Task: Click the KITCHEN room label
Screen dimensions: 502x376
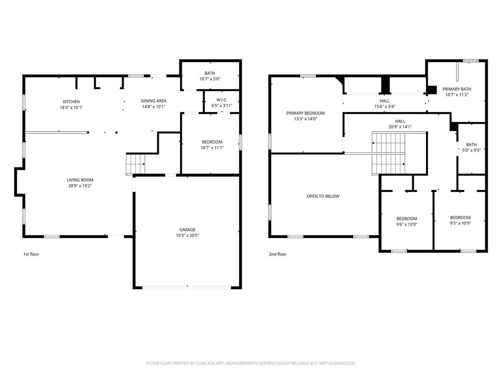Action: click(x=71, y=102)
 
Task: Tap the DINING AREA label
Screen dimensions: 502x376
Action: click(x=153, y=101)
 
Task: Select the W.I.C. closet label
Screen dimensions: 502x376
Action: click(x=222, y=100)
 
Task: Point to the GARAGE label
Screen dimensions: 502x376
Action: click(x=187, y=230)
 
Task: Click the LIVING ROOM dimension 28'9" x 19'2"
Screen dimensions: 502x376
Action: click(x=80, y=186)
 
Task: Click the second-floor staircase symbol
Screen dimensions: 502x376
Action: click(x=388, y=153)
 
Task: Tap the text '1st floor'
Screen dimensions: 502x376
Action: click(x=31, y=254)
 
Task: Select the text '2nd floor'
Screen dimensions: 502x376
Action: click(x=277, y=254)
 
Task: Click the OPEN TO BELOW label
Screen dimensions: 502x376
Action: click(x=323, y=196)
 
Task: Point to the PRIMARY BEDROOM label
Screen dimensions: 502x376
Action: click(x=305, y=113)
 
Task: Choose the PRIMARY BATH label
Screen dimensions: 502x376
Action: click(x=457, y=89)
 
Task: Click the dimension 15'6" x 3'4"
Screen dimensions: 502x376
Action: click(x=385, y=107)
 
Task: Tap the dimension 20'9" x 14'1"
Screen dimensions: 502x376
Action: click(x=400, y=127)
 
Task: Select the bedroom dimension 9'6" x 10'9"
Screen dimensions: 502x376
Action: click(x=406, y=224)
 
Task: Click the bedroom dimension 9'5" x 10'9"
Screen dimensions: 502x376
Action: click(x=460, y=223)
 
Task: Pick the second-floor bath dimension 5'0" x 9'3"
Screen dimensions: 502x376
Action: click(x=472, y=150)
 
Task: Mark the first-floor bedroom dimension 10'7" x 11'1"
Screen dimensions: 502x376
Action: click(x=212, y=148)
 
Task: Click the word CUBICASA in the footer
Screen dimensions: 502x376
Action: click(x=206, y=363)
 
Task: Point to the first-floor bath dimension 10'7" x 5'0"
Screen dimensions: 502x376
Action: click(x=210, y=79)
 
